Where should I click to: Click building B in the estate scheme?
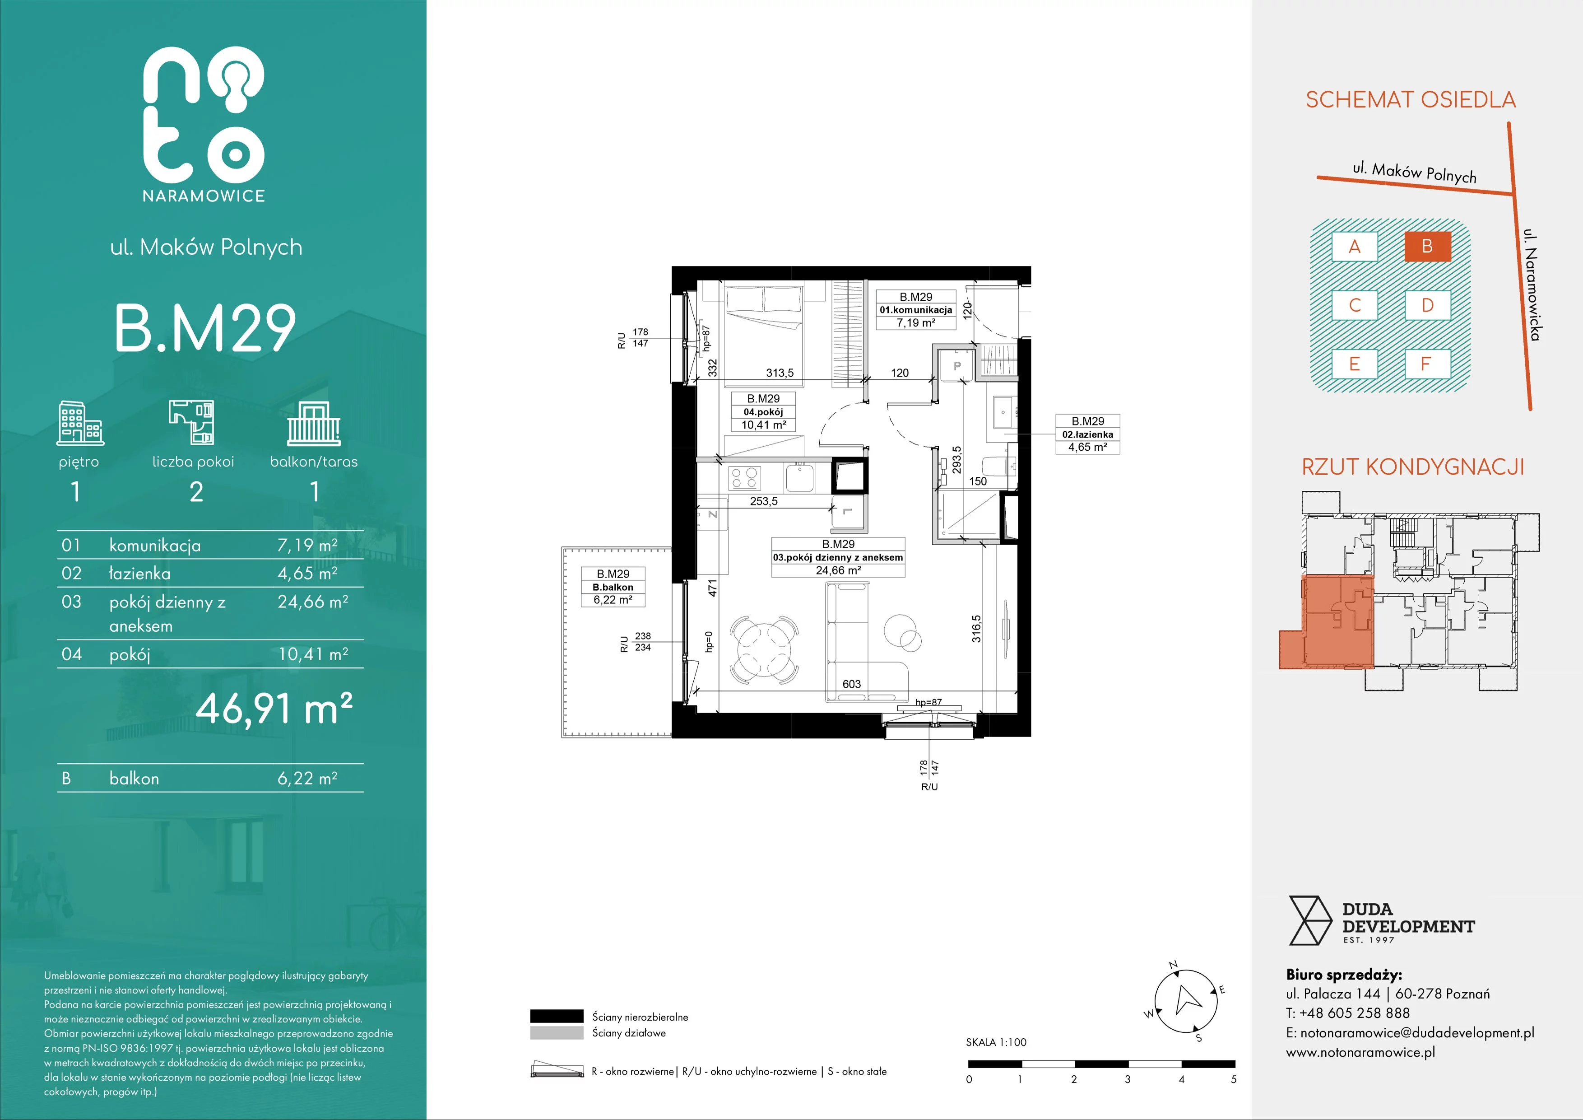click(x=1427, y=246)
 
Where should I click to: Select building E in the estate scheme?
click(x=1354, y=364)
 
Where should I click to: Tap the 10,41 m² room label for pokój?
click(x=763, y=425)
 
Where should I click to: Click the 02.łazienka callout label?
click(x=1088, y=434)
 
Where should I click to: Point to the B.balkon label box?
click(x=613, y=587)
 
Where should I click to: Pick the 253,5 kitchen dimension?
click(x=764, y=501)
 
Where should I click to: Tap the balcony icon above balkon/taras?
click(x=314, y=424)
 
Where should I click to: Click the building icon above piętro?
click(x=80, y=422)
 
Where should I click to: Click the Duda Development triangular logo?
click(x=1310, y=921)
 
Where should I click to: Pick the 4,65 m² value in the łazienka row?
click(x=307, y=573)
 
